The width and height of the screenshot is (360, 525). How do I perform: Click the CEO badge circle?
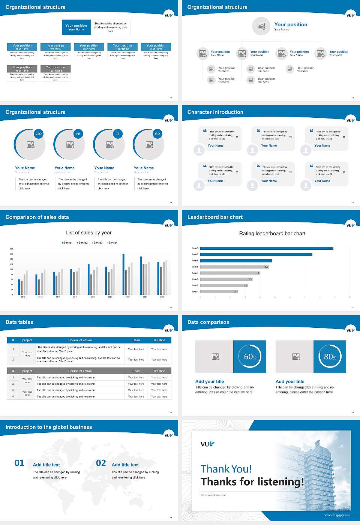click(38, 134)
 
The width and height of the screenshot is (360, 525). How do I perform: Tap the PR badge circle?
click(78, 134)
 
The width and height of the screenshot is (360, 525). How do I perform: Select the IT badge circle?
click(118, 134)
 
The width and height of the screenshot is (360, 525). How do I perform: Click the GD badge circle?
click(157, 134)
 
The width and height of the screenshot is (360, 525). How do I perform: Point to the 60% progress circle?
click(250, 357)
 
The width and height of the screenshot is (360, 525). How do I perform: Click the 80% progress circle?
click(330, 357)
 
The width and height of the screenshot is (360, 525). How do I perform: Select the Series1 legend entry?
click(67, 243)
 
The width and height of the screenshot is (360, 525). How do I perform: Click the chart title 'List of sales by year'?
click(88, 233)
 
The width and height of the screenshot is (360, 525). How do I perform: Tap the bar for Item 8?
click(266, 248)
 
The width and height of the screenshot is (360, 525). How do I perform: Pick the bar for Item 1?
click(219, 291)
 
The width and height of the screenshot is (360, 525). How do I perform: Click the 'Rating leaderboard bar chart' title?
click(272, 234)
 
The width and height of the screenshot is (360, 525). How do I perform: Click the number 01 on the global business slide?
click(19, 463)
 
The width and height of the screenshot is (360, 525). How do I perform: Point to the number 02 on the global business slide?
click(101, 463)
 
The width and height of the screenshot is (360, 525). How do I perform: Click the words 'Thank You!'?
click(226, 469)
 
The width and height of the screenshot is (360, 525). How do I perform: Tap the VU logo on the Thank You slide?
click(207, 444)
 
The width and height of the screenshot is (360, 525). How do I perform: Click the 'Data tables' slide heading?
click(19, 322)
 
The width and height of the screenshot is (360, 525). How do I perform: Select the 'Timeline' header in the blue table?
click(159, 340)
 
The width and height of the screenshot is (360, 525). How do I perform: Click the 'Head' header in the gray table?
click(136, 371)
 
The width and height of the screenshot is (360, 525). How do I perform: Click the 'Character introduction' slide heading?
click(215, 112)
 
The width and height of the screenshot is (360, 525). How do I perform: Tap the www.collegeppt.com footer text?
click(337, 515)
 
